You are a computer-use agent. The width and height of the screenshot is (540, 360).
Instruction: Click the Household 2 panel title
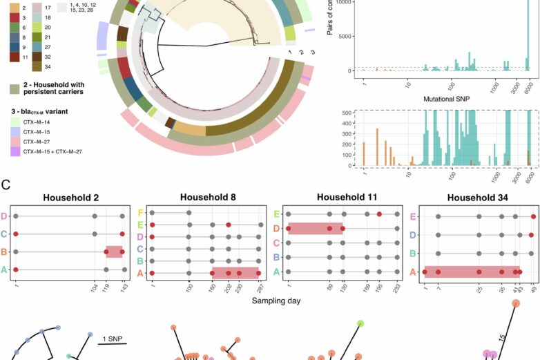pyautogui.click(x=70, y=197)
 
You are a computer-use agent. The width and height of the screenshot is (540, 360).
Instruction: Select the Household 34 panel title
pyautogui.click(x=477, y=197)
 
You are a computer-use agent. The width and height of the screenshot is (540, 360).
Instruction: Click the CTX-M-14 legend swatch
pyautogui.click(x=15, y=122)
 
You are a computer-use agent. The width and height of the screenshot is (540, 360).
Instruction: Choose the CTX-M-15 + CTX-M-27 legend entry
pyautogui.click(x=15, y=150)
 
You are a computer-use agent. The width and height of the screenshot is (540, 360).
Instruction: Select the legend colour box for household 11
pyautogui.click(x=15, y=57)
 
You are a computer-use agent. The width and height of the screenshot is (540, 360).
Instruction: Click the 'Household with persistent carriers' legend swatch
pyautogui.click(x=15, y=89)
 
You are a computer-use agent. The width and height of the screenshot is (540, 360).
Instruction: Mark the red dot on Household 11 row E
pyautogui.click(x=380, y=214)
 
